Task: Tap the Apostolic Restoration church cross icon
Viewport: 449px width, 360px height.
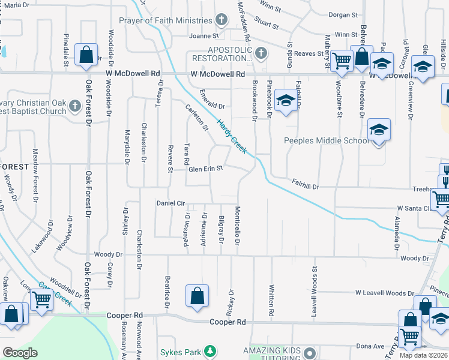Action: tap(260, 54)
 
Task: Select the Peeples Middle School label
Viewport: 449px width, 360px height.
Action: tap(326, 141)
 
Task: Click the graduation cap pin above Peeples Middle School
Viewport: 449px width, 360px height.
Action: tap(378, 130)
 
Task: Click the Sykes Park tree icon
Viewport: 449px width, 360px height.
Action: tap(209, 350)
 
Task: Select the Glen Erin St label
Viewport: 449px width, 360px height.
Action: tap(206, 169)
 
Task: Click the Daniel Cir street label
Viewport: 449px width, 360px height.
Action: tap(170, 203)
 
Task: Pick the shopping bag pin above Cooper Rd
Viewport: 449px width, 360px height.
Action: tap(197, 296)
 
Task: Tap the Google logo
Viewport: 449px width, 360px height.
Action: tap(19, 353)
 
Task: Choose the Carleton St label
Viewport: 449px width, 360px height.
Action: tap(196, 119)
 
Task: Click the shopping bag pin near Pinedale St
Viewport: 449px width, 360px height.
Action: tap(86, 54)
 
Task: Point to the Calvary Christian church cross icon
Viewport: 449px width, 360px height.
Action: tap(74, 106)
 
